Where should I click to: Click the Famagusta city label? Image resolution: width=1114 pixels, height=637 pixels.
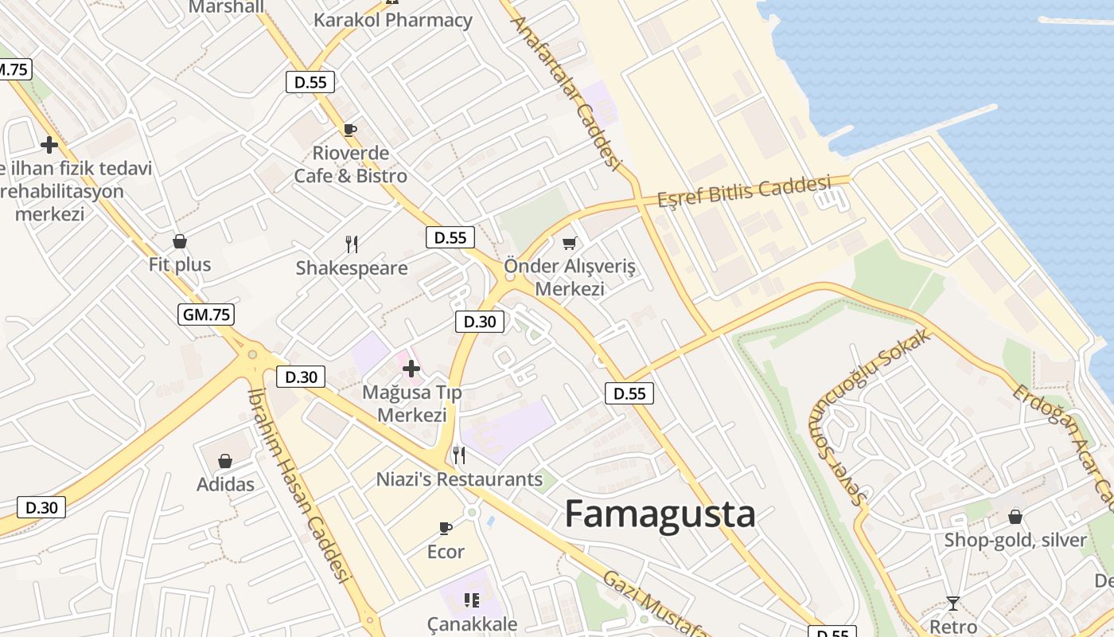point(660,514)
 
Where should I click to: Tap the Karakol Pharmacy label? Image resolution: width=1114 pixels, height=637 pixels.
point(393,20)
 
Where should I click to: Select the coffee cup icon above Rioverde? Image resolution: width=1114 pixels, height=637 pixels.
point(349,130)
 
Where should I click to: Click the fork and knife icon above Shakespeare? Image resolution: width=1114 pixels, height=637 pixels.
point(352,244)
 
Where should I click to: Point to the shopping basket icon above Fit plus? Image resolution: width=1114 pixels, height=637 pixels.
point(180,240)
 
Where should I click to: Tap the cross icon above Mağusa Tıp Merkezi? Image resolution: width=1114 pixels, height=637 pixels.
point(411,368)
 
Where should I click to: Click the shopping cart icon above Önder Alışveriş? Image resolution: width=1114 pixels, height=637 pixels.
point(569,243)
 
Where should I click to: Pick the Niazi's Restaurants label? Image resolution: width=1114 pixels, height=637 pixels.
point(459,479)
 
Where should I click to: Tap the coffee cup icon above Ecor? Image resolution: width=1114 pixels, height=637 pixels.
point(446,528)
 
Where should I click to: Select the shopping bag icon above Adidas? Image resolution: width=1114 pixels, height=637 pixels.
point(225,461)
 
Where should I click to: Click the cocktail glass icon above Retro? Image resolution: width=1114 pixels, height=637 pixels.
point(952,603)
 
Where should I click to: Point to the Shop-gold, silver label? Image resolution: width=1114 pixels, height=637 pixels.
point(1015,540)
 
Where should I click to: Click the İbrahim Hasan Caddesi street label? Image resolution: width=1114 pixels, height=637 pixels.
point(298,486)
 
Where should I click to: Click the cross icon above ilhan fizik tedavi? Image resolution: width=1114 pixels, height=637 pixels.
point(49,145)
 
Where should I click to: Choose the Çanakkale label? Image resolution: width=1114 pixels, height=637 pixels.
point(472,623)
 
